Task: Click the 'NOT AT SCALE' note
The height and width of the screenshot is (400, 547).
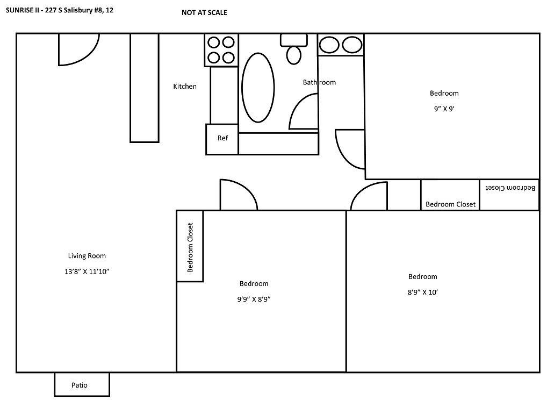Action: (x=204, y=12)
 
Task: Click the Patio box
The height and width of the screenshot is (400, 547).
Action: (x=82, y=384)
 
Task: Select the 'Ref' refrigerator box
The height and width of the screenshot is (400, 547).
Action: (x=222, y=139)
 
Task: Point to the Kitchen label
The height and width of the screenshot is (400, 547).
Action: (x=185, y=86)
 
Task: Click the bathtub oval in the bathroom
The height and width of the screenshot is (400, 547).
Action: (x=258, y=88)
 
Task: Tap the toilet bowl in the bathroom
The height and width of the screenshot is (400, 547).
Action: (x=294, y=55)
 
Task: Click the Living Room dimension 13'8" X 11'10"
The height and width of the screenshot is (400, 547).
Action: (x=87, y=271)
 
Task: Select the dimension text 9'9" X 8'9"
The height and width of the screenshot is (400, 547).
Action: (x=254, y=299)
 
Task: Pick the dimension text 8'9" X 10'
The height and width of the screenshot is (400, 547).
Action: (x=422, y=292)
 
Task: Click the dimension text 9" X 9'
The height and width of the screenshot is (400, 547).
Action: (x=444, y=109)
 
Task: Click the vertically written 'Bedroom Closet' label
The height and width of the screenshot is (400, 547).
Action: (x=190, y=247)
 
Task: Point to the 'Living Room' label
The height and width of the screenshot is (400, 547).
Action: (x=87, y=256)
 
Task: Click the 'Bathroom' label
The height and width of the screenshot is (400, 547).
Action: (x=319, y=82)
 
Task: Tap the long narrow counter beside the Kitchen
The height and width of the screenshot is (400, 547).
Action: (x=145, y=88)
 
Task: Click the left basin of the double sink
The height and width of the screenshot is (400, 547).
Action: (x=329, y=45)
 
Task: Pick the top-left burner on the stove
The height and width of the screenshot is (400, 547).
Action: (x=213, y=42)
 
